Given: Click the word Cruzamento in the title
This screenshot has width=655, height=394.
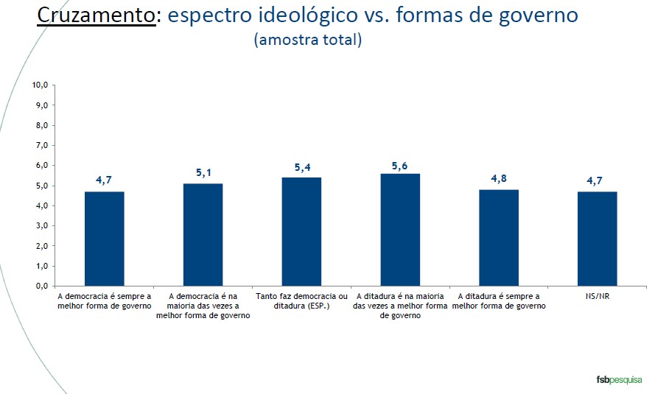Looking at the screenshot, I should tap(96, 16).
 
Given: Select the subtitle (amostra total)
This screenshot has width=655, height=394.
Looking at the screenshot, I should tap(307, 40).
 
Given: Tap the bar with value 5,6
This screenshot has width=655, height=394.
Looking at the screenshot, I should tap(400, 229).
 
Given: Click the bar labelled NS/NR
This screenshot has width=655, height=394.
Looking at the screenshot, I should tap(597, 238).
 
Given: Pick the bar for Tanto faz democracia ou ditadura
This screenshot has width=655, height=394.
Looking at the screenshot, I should tap(301, 231).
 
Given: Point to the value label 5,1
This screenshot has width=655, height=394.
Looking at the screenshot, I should tap(203, 173).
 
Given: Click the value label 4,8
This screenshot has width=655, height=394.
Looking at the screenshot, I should tap(499, 180).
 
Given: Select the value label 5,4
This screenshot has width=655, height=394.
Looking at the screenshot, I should tap(301, 167).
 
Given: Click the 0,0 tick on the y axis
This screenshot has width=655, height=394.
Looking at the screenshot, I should tap(41, 286).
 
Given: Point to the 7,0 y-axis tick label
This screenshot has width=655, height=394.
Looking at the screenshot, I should tap(41, 146).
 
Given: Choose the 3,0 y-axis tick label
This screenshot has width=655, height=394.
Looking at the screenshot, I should tap(41, 226).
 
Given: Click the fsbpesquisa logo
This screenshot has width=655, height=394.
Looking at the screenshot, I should tap(617, 379).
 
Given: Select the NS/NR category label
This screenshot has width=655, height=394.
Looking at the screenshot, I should tap(597, 297).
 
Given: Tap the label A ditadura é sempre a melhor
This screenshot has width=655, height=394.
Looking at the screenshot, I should tap(498, 301).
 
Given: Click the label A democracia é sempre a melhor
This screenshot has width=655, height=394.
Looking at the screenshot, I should tap(104, 301).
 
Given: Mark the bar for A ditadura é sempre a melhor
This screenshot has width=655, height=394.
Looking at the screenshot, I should tap(499, 237).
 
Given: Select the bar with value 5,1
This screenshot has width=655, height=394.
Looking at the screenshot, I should tap(203, 234).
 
